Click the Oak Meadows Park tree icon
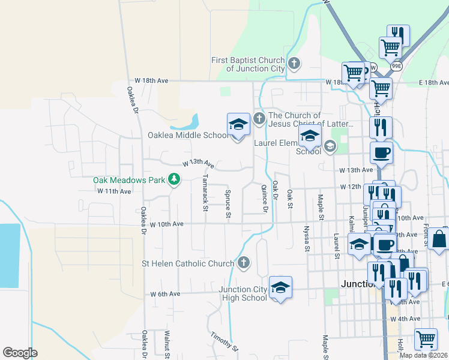tap(174, 179)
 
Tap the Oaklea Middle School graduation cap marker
tap(238, 125)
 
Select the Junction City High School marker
tap(280, 287)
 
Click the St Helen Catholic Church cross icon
tap(243, 262)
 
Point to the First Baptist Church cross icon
tap(294, 63)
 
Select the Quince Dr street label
tap(264, 198)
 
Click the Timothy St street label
tap(224, 340)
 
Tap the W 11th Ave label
tap(114, 191)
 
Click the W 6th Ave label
tap(165, 294)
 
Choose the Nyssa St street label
tap(307, 238)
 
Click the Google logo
tap(20, 353)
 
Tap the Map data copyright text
tap(424, 355)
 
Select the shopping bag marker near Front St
tap(439, 239)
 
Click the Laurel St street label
tap(337, 247)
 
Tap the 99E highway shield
tap(397, 66)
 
